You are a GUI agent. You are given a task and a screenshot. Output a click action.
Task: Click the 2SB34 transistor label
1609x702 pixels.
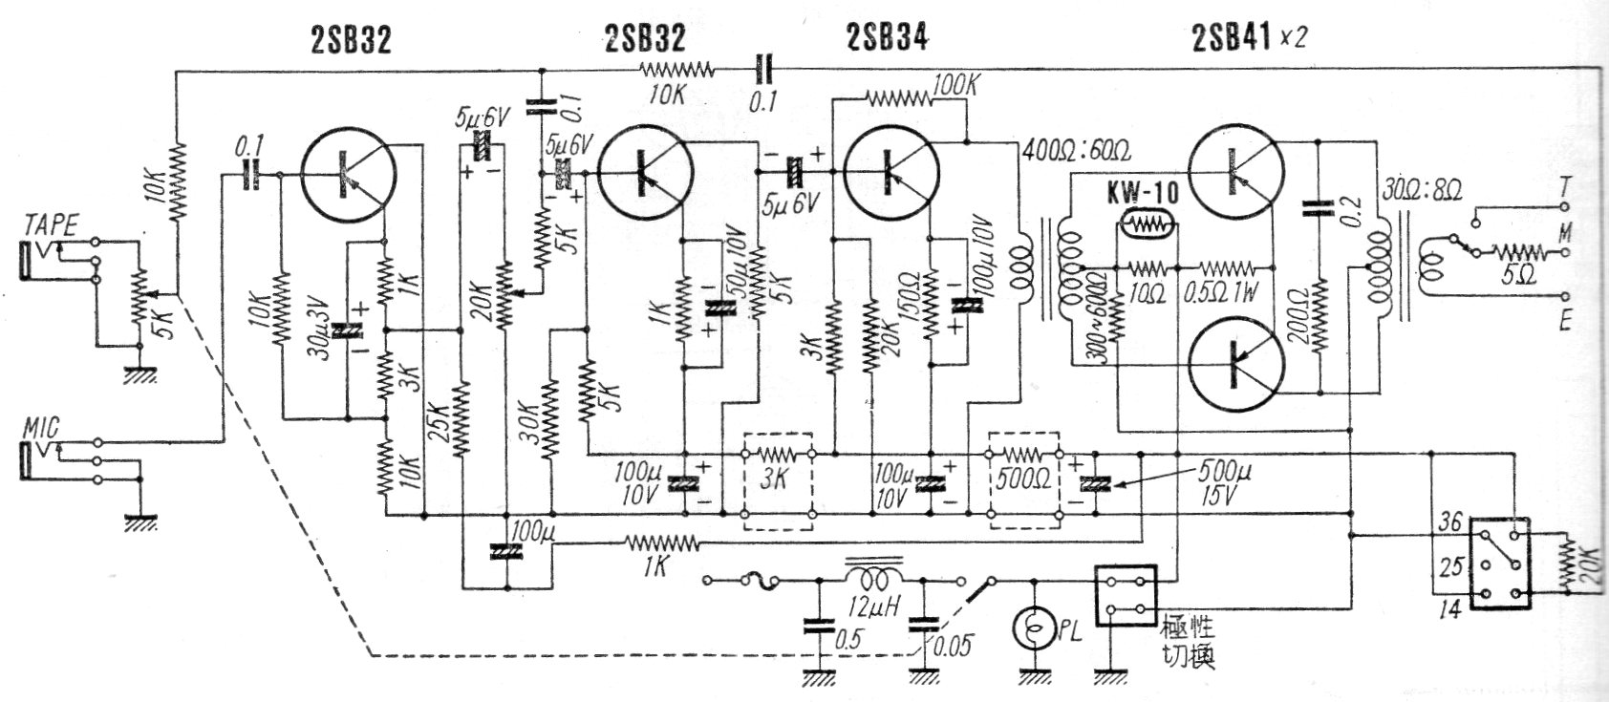[887, 37]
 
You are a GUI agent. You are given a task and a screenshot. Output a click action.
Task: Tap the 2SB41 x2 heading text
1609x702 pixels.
[1249, 37]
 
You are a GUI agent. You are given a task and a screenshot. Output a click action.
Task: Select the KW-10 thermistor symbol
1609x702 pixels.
[1147, 226]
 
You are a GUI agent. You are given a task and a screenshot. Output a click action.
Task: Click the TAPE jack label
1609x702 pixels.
[51, 225]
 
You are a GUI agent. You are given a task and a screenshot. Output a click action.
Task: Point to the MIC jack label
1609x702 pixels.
[42, 429]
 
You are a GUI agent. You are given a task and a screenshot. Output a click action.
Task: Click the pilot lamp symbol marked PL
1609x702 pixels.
[1035, 628]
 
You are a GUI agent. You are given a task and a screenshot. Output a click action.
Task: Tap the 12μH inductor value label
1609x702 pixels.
[873, 608]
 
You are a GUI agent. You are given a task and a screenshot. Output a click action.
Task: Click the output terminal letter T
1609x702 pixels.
[1564, 188]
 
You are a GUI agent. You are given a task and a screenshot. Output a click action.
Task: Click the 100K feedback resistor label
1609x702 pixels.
[955, 87]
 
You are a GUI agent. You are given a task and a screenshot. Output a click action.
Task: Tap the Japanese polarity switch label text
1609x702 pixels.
[1188, 644]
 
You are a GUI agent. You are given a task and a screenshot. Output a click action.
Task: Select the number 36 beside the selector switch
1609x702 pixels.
[1449, 522]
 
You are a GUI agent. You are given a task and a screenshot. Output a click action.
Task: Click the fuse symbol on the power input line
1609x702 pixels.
[760, 579]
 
